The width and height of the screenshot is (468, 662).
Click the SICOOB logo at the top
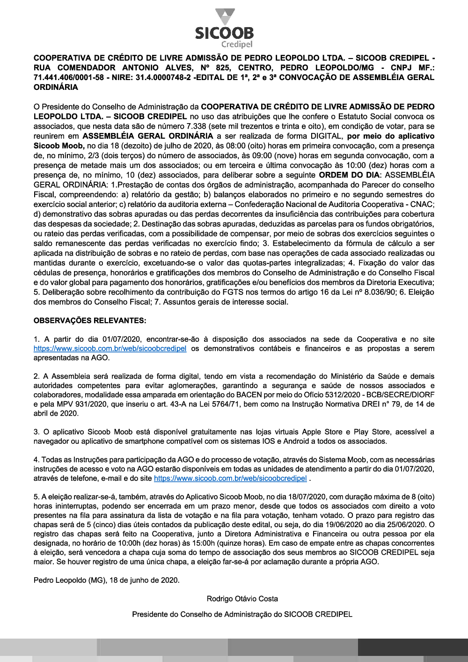click(225, 28)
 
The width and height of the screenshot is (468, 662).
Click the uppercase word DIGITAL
click(326, 136)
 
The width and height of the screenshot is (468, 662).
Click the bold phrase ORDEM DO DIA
click(347, 175)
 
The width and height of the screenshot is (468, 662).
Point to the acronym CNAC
click(421, 205)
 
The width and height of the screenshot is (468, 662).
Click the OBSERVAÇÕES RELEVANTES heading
click(90, 321)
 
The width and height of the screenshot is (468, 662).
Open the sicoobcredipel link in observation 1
click(110, 349)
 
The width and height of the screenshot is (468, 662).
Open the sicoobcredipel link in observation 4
click(230, 478)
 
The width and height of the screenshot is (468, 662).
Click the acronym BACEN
click(249, 395)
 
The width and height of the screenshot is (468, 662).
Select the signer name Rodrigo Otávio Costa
click(242, 599)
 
